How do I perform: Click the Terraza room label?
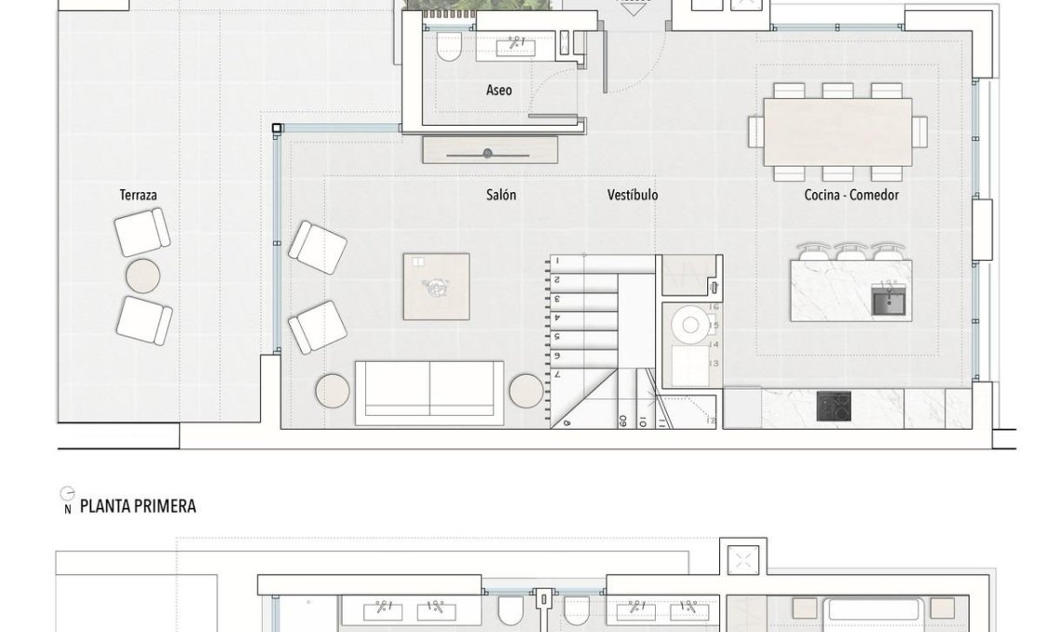(138, 195)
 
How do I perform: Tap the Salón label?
(500, 195)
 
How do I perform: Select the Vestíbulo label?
(633, 195)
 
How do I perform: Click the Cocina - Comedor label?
(851, 195)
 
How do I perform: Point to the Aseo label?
(498, 90)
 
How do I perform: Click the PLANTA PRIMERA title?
(138, 506)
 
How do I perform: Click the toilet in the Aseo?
(449, 48)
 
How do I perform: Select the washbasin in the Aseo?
(514, 46)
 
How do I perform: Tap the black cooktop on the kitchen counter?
(833, 405)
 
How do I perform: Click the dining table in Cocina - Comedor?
(837, 131)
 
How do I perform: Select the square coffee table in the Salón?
(436, 286)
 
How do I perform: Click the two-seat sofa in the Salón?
(429, 391)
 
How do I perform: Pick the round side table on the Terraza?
(143, 275)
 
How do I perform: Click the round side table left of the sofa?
(333, 391)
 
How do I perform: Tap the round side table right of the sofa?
(525, 391)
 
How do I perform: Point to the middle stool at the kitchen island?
(851, 252)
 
